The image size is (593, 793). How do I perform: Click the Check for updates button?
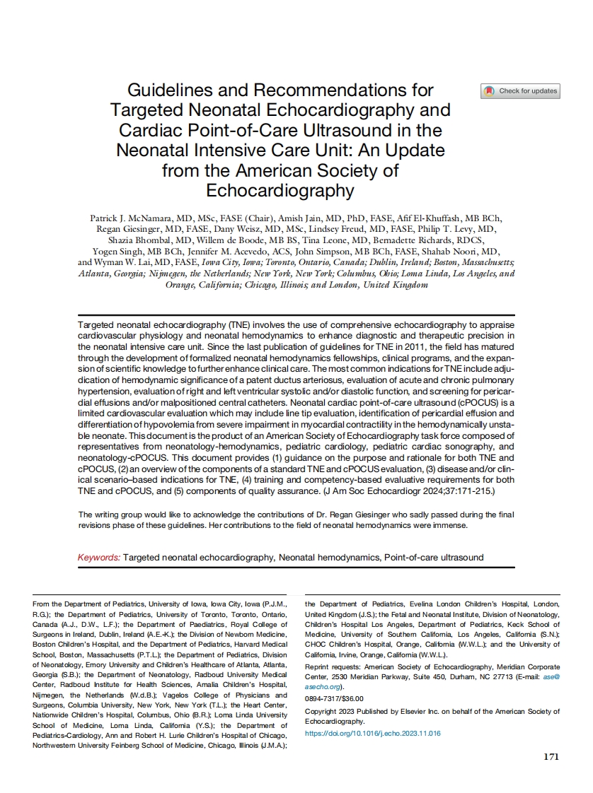point(521,91)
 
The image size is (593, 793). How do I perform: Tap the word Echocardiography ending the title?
point(280,191)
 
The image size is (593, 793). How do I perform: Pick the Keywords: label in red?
point(98,558)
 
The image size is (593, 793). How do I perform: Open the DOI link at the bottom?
point(372,734)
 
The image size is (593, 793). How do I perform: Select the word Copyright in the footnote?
point(321,712)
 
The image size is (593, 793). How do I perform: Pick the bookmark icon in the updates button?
point(489,91)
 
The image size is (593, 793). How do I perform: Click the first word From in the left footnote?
point(42,604)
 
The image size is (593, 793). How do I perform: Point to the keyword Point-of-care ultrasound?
point(434,558)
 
